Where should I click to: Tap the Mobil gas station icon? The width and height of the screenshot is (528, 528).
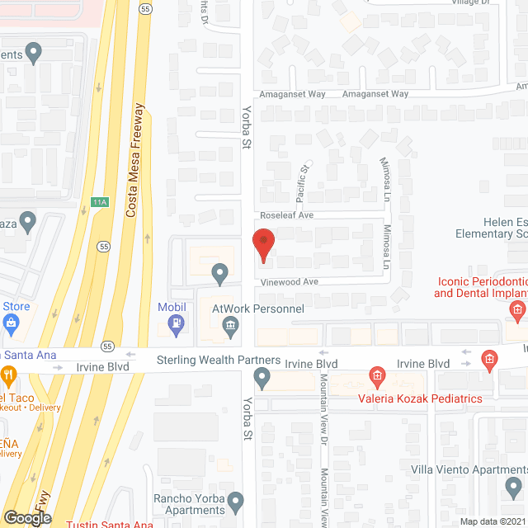pos(175,326)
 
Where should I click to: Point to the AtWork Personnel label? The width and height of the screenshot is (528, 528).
pos(258,309)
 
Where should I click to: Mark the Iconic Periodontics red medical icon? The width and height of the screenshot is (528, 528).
pos(518,310)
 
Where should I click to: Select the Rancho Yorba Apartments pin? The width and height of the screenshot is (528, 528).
pos(236,502)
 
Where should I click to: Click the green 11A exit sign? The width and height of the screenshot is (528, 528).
pos(99,201)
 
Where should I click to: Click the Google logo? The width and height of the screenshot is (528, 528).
pos(26,517)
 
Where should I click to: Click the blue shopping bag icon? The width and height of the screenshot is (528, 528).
pos(11,322)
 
